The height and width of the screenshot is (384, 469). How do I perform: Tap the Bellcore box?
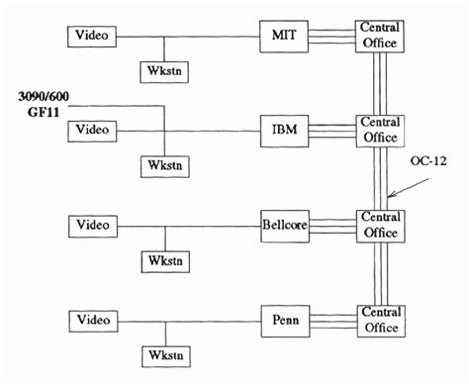click(x=283, y=225)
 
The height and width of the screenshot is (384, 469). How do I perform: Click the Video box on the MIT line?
click(x=92, y=37)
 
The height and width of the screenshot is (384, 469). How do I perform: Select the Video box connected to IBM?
click(x=92, y=130)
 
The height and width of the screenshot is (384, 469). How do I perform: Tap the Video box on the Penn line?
click(x=92, y=321)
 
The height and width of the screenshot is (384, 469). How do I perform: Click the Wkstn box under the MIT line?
click(x=160, y=71)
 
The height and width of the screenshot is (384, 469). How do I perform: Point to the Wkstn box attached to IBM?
click(x=160, y=164)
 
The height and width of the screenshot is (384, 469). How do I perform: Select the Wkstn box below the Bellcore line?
click(x=160, y=259)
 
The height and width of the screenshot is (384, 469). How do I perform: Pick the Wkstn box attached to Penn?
click(x=160, y=354)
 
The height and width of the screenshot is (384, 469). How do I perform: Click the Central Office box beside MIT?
click(x=380, y=36)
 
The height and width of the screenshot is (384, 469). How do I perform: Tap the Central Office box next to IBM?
click(x=380, y=129)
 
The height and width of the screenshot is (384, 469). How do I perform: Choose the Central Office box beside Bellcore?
click(x=380, y=225)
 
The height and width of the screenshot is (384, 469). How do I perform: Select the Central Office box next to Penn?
click(x=380, y=320)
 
